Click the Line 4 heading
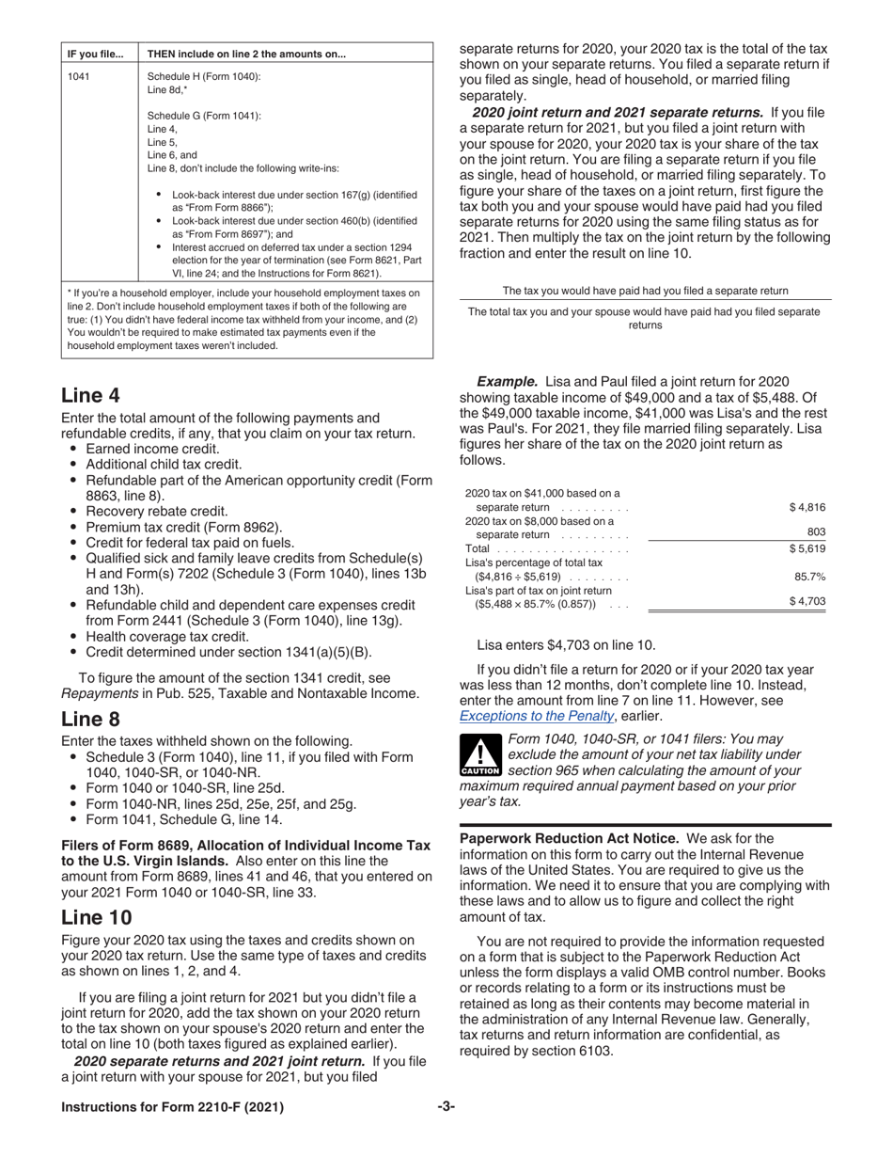(x=90, y=395)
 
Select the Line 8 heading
(x=90, y=720)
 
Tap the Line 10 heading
(x=96, y=916)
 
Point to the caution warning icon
(x=480, y=758)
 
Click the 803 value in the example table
(x=816, y=531)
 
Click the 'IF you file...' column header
(x=95, y=54)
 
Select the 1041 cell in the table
(x=79, y=76)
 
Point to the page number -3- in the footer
(x=446, y=1107)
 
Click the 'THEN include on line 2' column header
(x=246, y=54)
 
